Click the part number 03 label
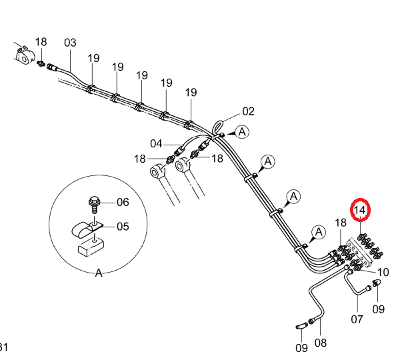click(70, 43)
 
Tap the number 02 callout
click(248, 111)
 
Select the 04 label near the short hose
click(156, 144)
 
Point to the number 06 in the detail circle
click(123, 202)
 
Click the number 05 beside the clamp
click(123, 227)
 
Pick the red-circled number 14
click(360, 210)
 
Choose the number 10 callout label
click(383, 272)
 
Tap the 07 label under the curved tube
click(357, 319)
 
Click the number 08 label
click(321, 343)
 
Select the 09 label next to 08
click(301, 348)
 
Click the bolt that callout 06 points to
click(94, 205)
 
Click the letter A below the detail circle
click(99, 273)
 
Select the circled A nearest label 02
click(242, 132)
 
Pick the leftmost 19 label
click(93, 58)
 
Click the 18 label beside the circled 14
click(341, 223)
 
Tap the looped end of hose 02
click(217, 127)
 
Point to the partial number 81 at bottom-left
click(3, 347)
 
